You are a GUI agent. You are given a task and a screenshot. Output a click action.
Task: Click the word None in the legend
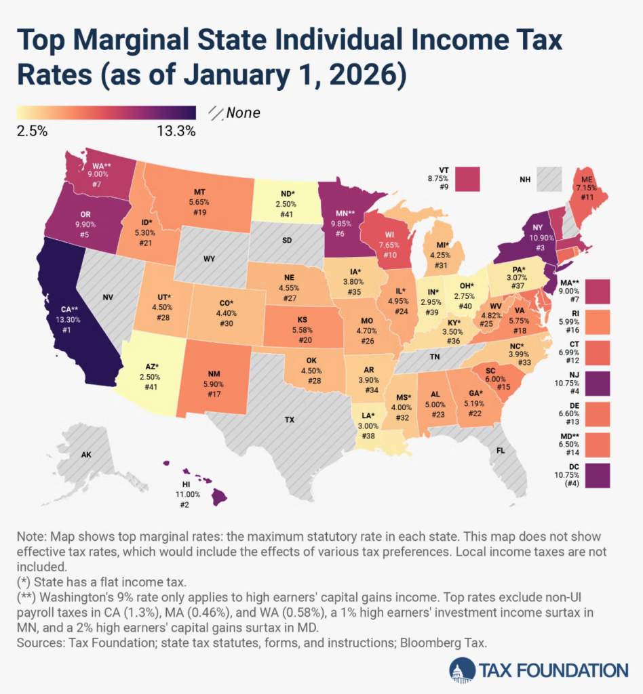click(243, 113)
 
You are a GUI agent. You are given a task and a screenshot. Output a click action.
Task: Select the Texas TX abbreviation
click(290, 420)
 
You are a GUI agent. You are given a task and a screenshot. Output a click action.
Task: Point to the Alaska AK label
click(86, 454)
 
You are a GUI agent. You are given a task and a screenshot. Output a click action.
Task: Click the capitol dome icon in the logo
click(461, 671)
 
